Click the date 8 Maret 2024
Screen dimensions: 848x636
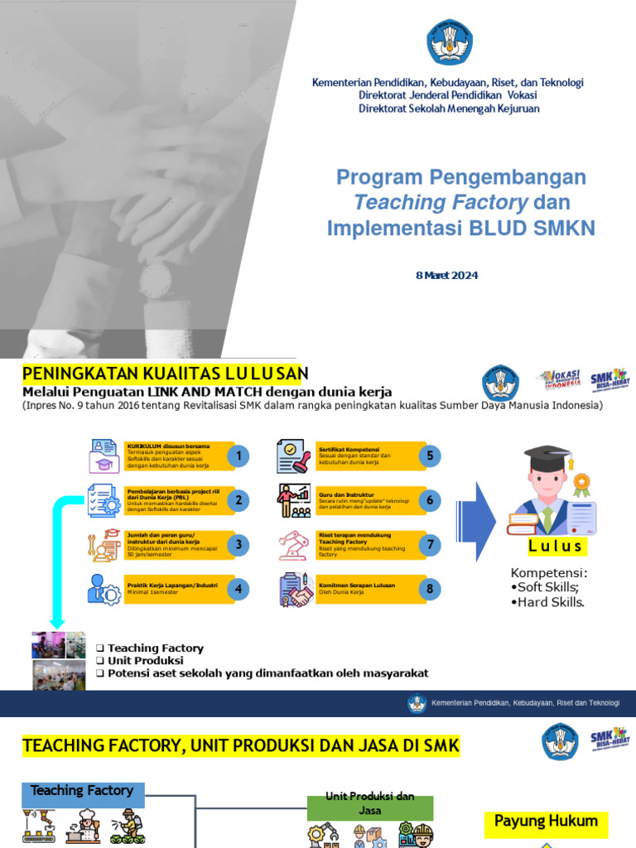pyautogui.click(x=446, y=276)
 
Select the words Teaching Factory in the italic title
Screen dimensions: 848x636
pyautogui.click(x=441, y=203)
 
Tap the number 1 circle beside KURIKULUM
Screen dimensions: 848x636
pyautogui.click(x=239, y=456)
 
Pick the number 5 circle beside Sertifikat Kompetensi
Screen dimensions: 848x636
pyautogui.click(x=429, y=456)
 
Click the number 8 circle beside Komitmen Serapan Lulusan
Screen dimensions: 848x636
pyautogui.click(x=429, y=590)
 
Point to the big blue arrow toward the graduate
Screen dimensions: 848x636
pyautogui.click(x=475, y=521)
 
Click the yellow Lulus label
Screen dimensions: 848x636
pyautogui.click(x=556, y=547)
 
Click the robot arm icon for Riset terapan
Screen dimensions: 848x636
pyautogui.click(x=293, y=545)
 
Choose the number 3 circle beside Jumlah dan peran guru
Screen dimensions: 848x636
pyautogui.click(x=239, y=545)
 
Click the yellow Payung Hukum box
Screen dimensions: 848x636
pyautogui.click(x=546, y=821)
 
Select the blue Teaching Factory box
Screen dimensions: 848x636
pyautogui.click(x=82, y=791)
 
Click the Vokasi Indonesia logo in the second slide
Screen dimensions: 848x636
pyautogui.click(x=560, y=379)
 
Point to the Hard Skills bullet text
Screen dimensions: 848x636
pyautogui.click(x=547, y=602)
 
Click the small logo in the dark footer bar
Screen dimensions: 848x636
pyautogui.click(x=417, y=703)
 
